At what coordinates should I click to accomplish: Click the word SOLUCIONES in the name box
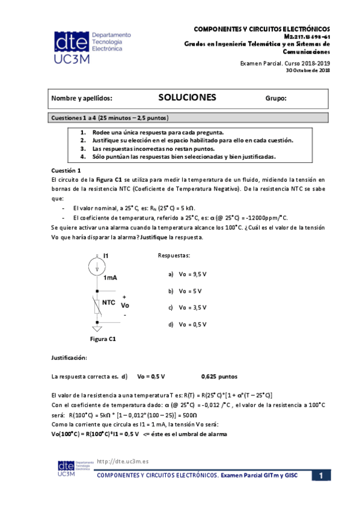click(x=187, y=97)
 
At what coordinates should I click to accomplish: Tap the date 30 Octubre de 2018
click(x=308, y=71)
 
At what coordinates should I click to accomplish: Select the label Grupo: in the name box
click(x=276, y=98)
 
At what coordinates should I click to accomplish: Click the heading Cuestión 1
click(x=66, y=171)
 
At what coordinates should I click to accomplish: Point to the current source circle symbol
click(x=96, y=265)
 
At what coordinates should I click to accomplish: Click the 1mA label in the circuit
click(x=110, y=278)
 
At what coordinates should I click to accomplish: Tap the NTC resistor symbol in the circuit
click(x=96, y=305)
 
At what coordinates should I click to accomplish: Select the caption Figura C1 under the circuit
click(x=102, y=339)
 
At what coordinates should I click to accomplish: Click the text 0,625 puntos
click(x=219, y=377)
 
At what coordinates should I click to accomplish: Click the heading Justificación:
click(x=69, y=358)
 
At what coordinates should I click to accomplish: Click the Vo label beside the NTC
click(x=125, y=306)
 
